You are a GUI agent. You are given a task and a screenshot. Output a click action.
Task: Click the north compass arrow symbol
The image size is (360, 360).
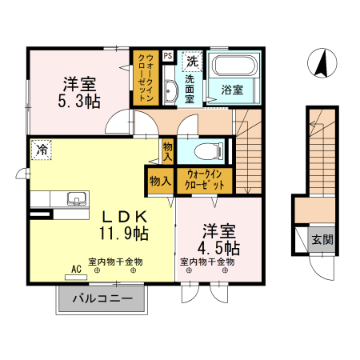[322, 64]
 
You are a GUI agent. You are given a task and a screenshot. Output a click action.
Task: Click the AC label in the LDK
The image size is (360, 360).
[77, 269]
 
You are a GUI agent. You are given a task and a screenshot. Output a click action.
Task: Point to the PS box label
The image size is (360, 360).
[167, 56]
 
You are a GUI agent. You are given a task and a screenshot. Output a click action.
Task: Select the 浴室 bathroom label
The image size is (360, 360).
[232, 90]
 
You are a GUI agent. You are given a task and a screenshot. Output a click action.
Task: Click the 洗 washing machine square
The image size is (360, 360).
[192, 60]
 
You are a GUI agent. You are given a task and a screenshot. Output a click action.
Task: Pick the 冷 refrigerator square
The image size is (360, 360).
[41, 150]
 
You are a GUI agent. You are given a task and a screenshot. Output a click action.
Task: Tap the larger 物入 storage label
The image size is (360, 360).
[160, 181]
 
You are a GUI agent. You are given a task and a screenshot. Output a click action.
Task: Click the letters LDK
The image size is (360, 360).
[123, 215]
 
